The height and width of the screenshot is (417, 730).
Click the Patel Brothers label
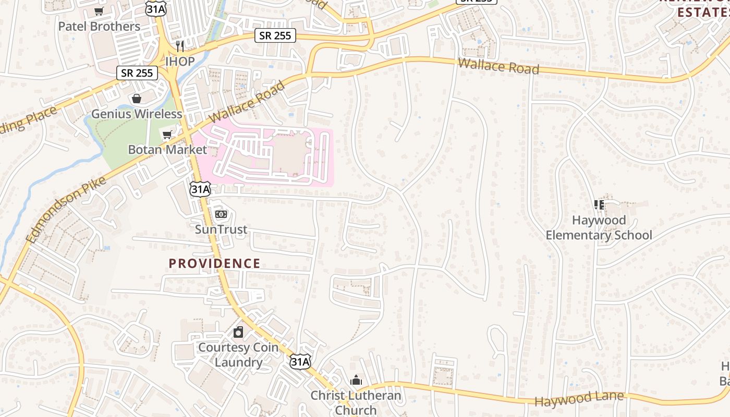coord(99,26)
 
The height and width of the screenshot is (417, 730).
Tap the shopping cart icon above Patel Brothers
coord(99,11)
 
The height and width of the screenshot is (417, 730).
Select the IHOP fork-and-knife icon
coord(180,46)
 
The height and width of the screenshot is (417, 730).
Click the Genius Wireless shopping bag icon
coord(137,99)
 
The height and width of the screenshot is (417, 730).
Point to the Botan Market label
coord(167,150)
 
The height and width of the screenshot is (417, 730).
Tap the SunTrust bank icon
coord(221,214)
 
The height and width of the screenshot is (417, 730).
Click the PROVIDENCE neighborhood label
coord(214,263)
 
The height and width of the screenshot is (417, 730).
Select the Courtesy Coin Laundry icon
coord(238,332)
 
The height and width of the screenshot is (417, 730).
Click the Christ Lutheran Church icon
coord(356,380)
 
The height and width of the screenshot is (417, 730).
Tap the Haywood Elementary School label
coord(599,227)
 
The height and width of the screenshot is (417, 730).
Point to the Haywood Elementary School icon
coord(599,205)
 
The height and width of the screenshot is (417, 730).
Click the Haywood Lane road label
coord(579,399)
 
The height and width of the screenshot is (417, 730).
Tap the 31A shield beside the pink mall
coord(200,189)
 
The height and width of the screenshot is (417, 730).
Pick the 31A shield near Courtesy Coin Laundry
coord(300,361)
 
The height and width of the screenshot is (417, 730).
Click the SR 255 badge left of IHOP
coord(137,72)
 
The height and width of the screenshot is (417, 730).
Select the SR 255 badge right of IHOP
coord(275,35)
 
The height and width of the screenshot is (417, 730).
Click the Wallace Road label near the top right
coord(498,66)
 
